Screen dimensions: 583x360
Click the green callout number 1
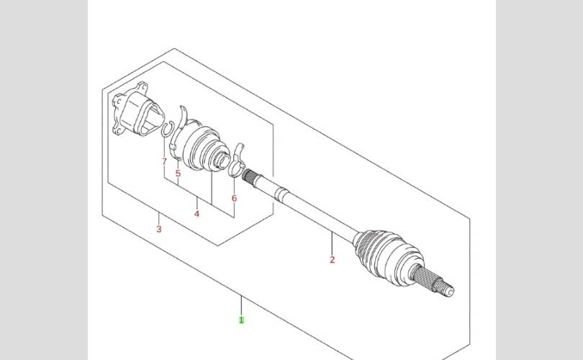pyautogui.click(x=241, y=320)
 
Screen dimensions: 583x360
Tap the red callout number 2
pyautogui.click(x=332, y=260)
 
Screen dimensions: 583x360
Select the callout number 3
pyautogui.click(x=159, y=229)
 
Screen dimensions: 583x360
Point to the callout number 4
pyautogui.click(x=196, y=214)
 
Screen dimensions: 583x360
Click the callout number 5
pyautogui.click(x=178, y=174)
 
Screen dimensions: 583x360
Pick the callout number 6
pyautogui.click(x=234, y=198)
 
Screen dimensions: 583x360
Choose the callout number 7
pyautogui.click(x=164, y=161)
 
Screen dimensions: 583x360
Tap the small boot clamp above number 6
pyautogui.click(x=238, y=161)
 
